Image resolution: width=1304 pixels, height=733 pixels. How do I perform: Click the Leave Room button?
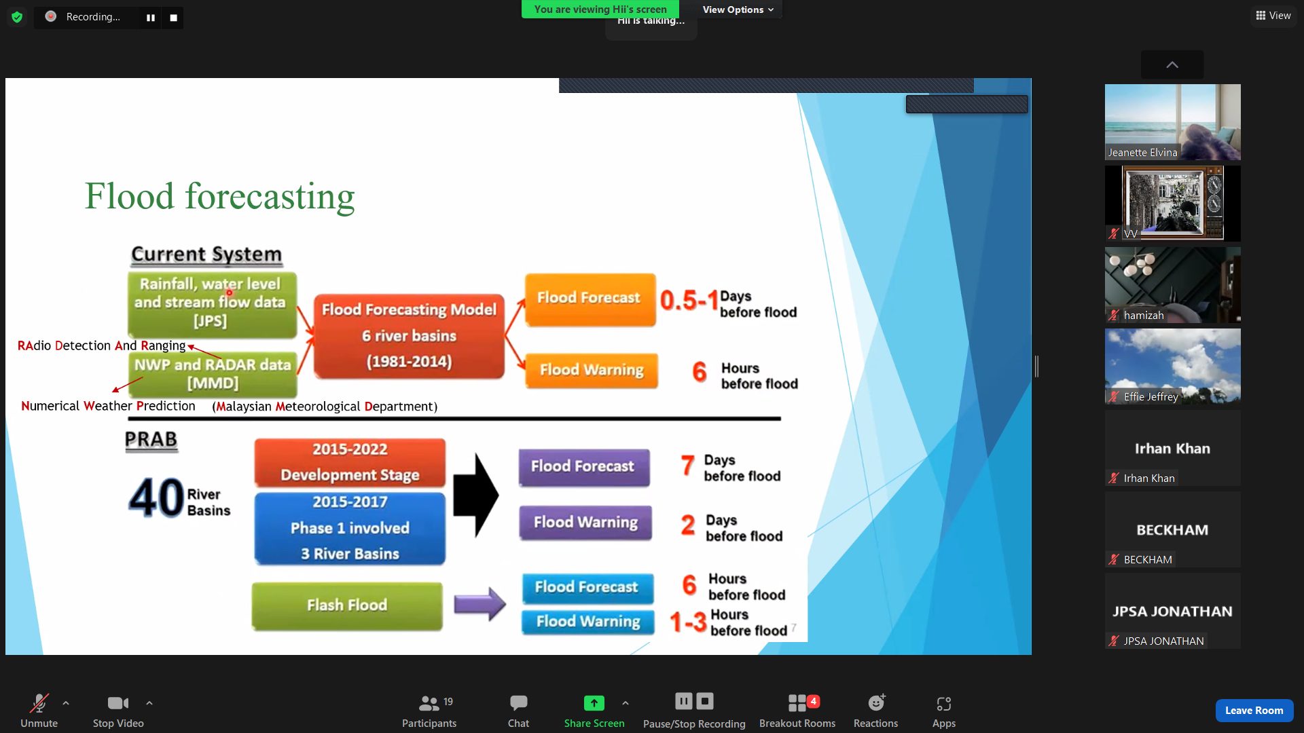pos(1254,710)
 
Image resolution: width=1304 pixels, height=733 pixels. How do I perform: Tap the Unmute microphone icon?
pos(39,703)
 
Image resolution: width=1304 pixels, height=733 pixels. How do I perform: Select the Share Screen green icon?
pos(594,703)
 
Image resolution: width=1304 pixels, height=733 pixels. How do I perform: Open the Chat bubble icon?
pos(518,703)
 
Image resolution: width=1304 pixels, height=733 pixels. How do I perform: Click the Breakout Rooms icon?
pos(797,703)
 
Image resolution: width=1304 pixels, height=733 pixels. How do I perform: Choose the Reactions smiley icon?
pos(876,703)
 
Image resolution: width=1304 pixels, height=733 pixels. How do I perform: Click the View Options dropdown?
pos(738,10)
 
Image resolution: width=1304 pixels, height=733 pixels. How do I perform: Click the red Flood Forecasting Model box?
pos(409,336)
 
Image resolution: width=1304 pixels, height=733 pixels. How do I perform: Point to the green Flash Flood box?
pos(347,605)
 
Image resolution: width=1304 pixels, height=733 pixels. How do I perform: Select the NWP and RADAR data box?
pos(213,374)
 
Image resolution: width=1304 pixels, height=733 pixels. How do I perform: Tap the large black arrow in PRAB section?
pos(476,495)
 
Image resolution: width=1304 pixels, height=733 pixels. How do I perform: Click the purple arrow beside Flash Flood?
pos(479,604)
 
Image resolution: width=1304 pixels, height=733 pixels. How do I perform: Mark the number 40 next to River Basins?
pos(156,498)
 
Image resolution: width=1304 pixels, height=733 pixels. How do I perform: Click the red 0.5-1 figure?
pos(689,300)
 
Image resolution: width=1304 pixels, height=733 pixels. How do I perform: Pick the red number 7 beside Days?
pos(687,466)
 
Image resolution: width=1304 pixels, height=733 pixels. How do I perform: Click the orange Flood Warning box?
pos(592,371)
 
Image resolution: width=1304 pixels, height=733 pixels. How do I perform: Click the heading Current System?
pos(206,255)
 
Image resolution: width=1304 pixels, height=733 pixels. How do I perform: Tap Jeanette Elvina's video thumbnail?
pos(1172,122)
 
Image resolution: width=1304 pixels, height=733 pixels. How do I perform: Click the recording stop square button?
pos(173,18)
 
